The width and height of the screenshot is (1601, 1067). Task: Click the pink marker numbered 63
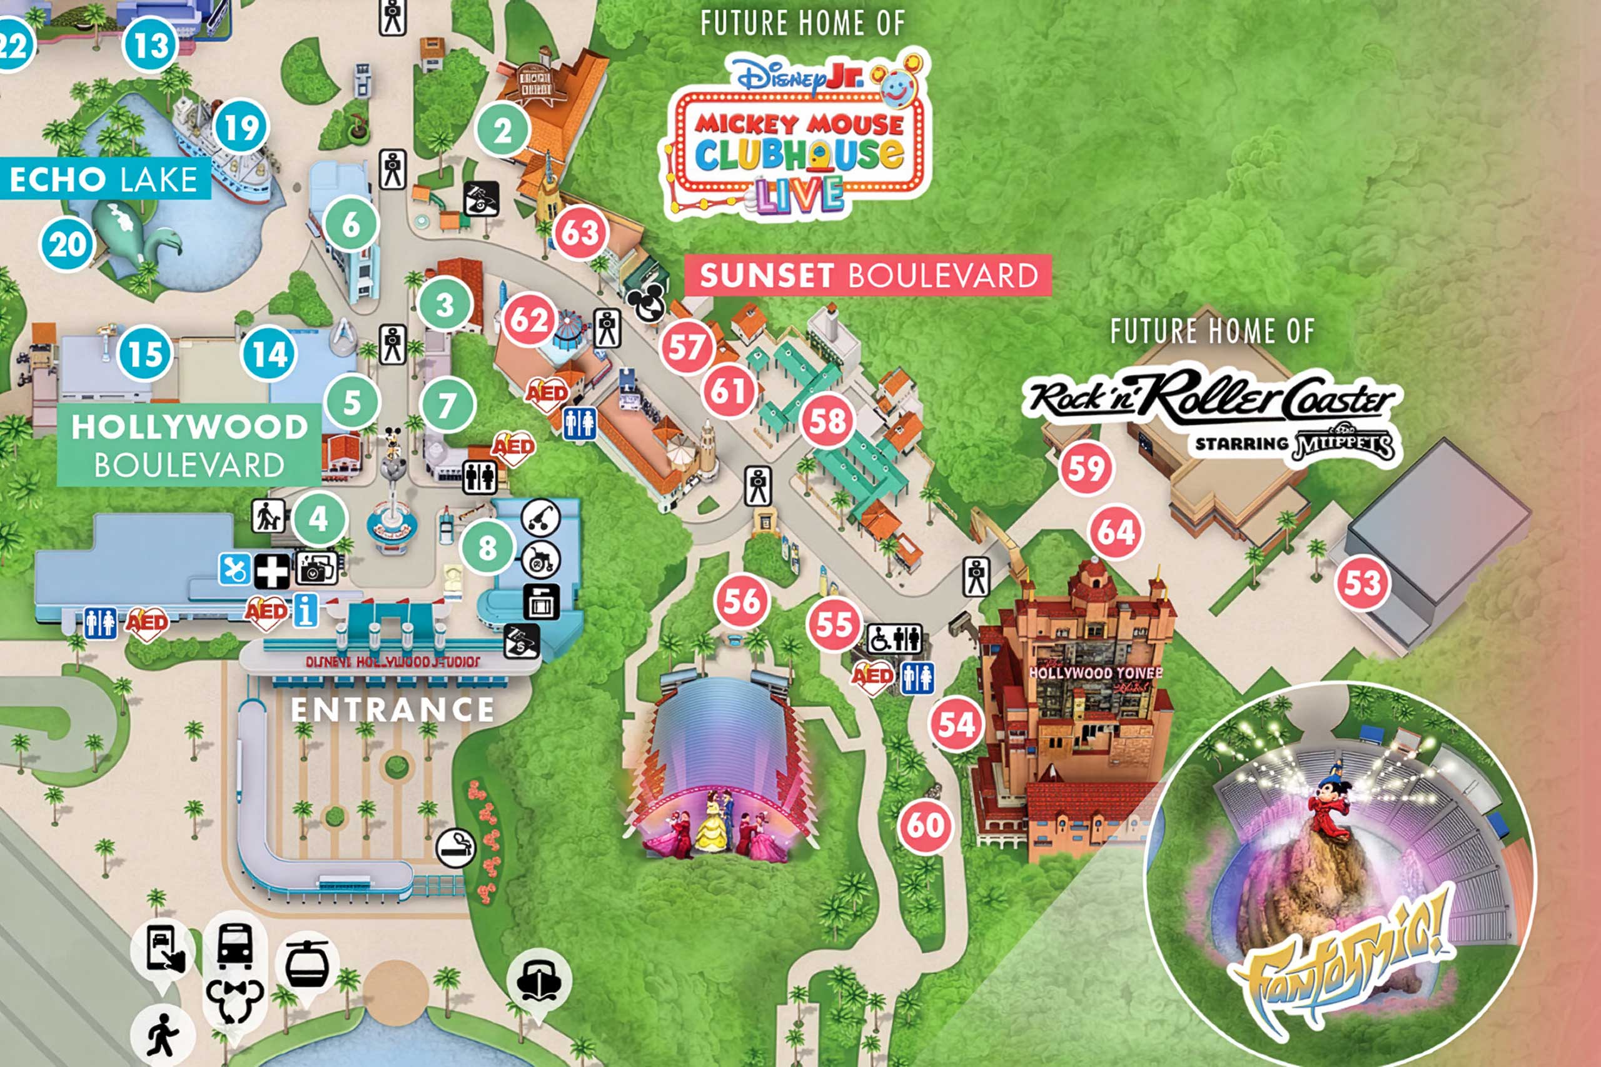pos(580,233)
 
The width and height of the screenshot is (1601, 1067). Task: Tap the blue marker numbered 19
pos(241,128)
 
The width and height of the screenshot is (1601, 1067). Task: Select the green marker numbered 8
pos(487,547)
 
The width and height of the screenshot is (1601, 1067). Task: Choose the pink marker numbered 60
pos(925,826)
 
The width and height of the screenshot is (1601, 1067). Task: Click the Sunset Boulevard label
pos(868,276)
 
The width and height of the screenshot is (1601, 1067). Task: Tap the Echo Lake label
pos(103,179)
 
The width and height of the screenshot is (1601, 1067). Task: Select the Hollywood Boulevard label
pos(189,445)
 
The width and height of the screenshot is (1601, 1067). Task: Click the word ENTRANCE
pos(392,709)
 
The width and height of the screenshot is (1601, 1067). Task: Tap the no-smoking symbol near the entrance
pos(455,848)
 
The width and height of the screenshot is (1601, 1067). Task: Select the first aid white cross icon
pos(271,570)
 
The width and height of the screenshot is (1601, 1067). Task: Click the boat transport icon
pos(538,980)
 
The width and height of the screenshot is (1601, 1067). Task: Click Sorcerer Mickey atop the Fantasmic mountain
pos(1329,806)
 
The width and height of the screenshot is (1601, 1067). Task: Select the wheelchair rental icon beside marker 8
pos(540,561)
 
